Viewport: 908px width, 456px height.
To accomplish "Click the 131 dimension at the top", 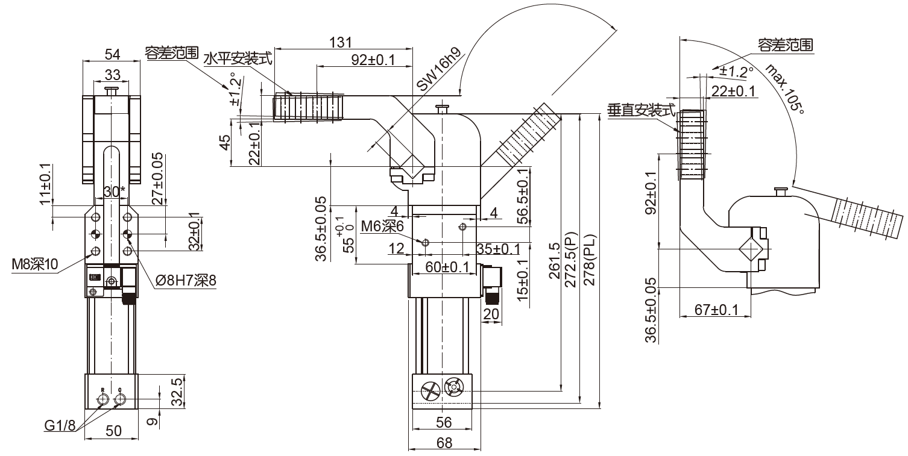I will coord(342,42).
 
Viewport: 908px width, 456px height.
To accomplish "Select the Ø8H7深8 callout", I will coord(185,280).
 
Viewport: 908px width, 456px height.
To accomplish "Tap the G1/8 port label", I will coord(60,426).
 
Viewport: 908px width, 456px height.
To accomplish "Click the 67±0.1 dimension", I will coord(716,310).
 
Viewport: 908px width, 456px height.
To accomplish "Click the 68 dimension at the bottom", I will coord(444,443).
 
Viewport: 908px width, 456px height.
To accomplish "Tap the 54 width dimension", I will coord(112,54).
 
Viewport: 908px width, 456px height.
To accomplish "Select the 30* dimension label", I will coord(115,192).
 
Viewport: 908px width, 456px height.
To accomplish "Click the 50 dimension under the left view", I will coord(113,431).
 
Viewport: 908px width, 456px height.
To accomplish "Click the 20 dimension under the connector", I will coord(492,314).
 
